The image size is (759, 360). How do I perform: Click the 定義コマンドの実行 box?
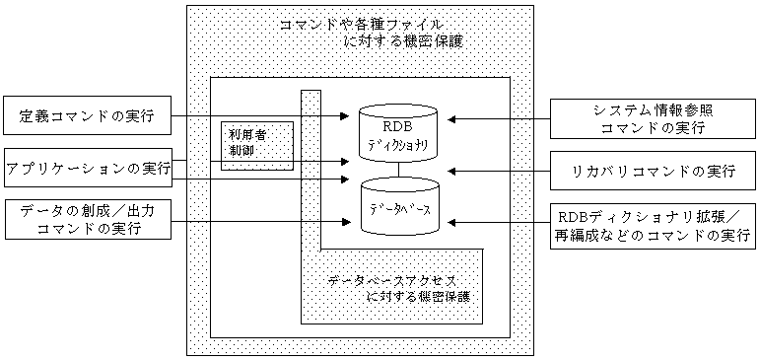[87, 116]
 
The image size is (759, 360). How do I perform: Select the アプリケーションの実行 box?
[88, 169]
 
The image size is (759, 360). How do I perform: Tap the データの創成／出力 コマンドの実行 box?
[87, 220]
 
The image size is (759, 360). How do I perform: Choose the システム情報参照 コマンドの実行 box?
[653, 119]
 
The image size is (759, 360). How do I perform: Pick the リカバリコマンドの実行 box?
[653, 171]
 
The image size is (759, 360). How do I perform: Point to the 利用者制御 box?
[257, 146]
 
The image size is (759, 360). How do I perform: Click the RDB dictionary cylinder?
[399, 132]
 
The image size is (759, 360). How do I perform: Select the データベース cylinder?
[400, 206]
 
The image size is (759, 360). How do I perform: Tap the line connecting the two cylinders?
[399, 170]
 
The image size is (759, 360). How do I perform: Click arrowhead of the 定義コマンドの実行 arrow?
[345, 116]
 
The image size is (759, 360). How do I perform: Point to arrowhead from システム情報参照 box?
[453, 119]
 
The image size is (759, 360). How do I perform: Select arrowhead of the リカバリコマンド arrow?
[453, 171]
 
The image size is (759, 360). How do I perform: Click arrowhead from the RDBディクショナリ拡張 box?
[453, 222]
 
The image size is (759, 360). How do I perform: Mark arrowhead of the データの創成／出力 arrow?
[345, 222]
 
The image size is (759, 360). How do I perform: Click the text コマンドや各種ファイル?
[362, 25]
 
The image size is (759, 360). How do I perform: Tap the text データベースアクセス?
[391, 280]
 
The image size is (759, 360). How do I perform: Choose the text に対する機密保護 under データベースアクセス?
[418, 297]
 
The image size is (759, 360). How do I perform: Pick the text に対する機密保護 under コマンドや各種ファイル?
[403, 41]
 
